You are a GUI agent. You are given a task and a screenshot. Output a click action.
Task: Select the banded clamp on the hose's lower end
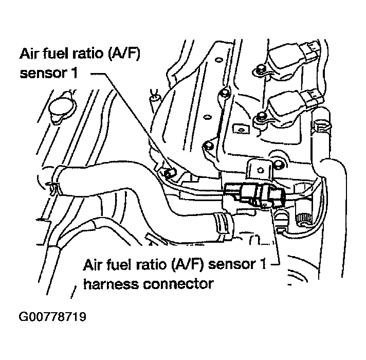click(222, 222)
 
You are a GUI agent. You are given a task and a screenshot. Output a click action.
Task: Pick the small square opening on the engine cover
click(237, 127)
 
